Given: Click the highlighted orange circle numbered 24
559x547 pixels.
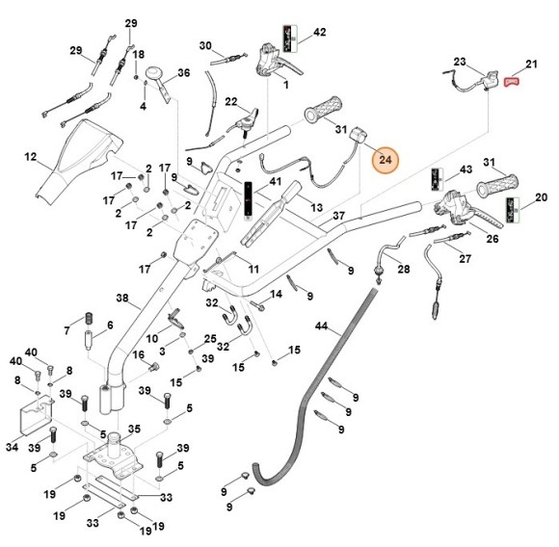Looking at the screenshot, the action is pos(385,160).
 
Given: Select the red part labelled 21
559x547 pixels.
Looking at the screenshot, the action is pos(511,82).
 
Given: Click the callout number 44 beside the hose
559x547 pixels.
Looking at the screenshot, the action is pos(321,326).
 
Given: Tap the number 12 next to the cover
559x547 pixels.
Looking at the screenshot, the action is pos(31,157).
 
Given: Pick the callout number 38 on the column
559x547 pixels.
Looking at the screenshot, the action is pos(122,298).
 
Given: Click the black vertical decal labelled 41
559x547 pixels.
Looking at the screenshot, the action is pos(248,198).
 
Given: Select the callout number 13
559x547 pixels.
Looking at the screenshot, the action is pos(316,207).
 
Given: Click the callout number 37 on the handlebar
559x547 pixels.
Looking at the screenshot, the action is pos(338,216).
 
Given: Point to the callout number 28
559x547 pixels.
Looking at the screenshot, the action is pos(404,269).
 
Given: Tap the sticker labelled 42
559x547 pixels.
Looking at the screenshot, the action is pos(290,39).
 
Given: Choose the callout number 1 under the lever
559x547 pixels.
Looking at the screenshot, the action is pos(286,85).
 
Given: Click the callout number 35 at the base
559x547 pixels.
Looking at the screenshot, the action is pos(134,429).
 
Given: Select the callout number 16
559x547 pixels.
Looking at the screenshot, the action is pos(139,354).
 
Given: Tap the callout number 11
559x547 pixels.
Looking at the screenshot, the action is pos(253,269).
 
